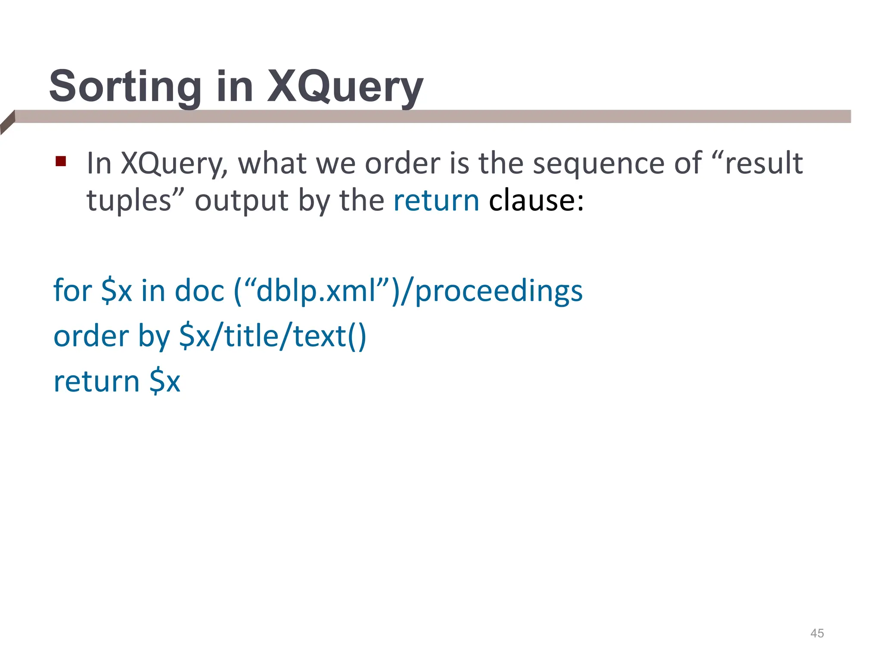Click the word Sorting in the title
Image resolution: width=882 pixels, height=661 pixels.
click(x=125, y=87)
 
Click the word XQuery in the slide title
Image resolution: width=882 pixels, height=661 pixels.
click(x=345, y=87)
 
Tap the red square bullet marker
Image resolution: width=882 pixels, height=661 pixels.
click(x=61, y=162)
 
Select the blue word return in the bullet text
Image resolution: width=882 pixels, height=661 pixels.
click(x=436, y=201)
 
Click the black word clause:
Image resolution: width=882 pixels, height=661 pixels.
click(x=536, y=201)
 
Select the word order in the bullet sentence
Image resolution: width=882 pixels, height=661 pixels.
click(x=403, y=164)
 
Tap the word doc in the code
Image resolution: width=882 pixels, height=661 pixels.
click(x=199, y=291)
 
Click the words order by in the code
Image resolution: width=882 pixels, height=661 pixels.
click(x=111, y=337)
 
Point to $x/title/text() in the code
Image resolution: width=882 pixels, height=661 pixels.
click(x=273, y=337)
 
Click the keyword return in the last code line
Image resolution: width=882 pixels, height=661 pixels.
click(x=96, y=382)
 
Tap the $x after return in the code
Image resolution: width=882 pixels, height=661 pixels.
click(x=165, y=382)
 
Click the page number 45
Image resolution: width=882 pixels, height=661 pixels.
click(x=817, y=633)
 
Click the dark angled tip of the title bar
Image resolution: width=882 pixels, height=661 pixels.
click(x=7, y=123)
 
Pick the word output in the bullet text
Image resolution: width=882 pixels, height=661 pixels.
click(x=241, y=201)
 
